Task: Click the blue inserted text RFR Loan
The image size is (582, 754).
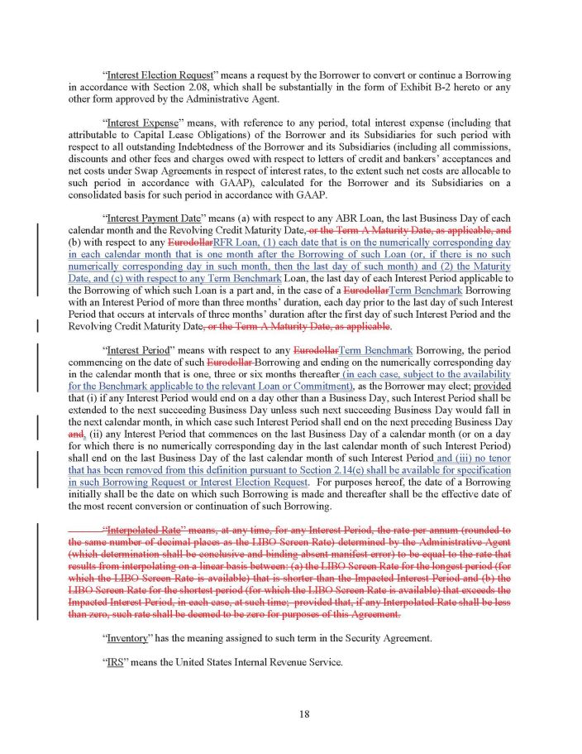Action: click(x=233, y=243)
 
